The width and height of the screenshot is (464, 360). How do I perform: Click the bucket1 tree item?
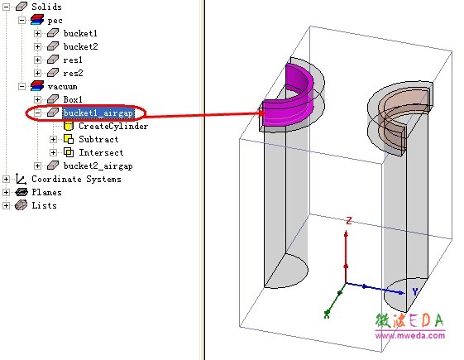pos(80,33)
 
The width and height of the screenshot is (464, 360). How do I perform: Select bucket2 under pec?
pos(80,46)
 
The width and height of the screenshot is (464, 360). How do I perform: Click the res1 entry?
pos(73,60)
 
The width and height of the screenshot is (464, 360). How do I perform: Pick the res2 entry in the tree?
pos(73,73)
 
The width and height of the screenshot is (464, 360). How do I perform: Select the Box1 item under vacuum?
pos(73,99)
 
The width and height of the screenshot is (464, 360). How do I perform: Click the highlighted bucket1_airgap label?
pos(98,113)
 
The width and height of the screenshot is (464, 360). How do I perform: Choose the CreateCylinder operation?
pos(113,126)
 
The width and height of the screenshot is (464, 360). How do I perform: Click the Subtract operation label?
pos(98,139)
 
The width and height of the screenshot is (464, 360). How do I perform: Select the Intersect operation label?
pos(101,152)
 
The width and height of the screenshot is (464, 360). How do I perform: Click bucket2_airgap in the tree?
pos(98,166)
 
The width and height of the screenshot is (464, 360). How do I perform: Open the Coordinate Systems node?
pos(76,179)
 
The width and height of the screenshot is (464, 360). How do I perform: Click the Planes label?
pos(47,192)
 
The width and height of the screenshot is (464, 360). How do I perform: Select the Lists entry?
pos(44,205)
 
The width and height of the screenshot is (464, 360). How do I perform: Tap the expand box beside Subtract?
pos(53,139)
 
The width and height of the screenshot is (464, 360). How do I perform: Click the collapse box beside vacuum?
pos(22,86)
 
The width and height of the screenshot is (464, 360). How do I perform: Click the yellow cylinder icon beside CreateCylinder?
pos(69,126)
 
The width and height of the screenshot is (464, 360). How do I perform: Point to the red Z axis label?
pos(349,221)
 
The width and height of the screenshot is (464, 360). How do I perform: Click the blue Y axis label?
pos(415,291)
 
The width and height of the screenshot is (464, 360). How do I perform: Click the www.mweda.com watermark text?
pos(410,335)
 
